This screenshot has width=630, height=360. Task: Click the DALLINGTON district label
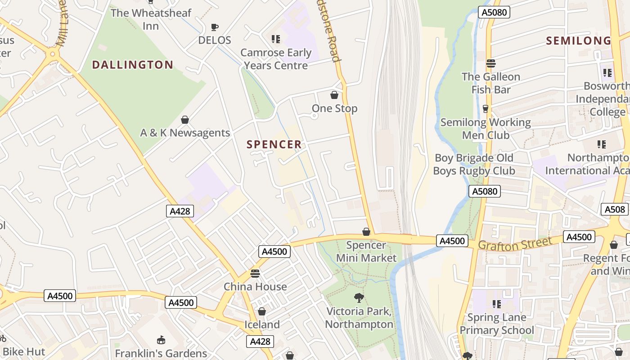[132, 65]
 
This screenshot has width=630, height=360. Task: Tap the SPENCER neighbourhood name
[274, 144]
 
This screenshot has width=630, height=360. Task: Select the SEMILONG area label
[579, 41]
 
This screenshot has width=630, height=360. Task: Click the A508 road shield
[615, 209]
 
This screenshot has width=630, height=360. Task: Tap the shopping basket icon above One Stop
[334, 95]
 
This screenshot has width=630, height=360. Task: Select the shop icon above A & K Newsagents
[184, 120]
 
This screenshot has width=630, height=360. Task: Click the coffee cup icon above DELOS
[215, 27]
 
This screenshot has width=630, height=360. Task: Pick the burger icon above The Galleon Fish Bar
[491, 63]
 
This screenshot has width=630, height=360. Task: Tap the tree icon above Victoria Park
[359, 297]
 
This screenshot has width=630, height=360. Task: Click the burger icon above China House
[255, 273]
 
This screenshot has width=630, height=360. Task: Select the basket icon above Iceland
[262, 311]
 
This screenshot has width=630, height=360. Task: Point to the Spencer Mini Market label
[366, 252]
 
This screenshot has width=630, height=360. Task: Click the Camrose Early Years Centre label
[276, 59]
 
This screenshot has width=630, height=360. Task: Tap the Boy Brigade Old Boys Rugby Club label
[474, 164]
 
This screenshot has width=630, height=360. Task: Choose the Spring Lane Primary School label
[497, 324]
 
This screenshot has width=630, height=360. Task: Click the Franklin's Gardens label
[161, 353]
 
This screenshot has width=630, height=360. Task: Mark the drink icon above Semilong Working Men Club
[485, 108]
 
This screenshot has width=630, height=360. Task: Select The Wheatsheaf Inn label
[151, 19]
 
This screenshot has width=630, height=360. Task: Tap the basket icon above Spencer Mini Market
[366, 232]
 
